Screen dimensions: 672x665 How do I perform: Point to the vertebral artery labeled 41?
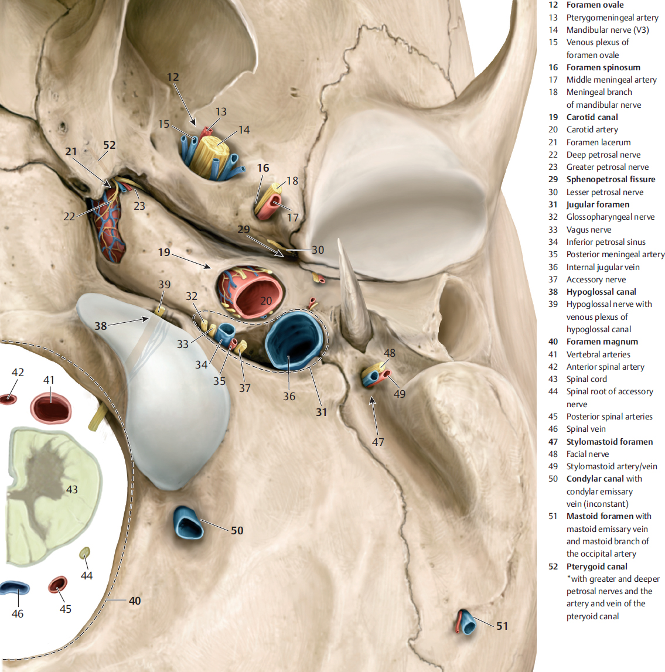point(50,407)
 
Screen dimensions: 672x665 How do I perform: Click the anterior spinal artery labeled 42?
point(8,399)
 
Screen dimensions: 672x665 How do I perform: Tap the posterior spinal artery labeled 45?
point(57,584)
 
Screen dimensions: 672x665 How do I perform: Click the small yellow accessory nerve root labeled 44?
point(85,552)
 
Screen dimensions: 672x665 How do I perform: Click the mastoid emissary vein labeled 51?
point(467,623)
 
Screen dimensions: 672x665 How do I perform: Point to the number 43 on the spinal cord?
point(71,489)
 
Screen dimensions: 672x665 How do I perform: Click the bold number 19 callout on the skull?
point(164,253)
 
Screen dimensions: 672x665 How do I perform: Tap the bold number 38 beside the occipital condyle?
point(101,325)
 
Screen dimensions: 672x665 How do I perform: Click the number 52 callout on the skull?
point(110,145)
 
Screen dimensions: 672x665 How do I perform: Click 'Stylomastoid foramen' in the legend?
point(609,442)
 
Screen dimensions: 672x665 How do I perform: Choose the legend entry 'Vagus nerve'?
point(588,230)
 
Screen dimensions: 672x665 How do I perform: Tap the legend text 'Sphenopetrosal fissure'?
point(611,179)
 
